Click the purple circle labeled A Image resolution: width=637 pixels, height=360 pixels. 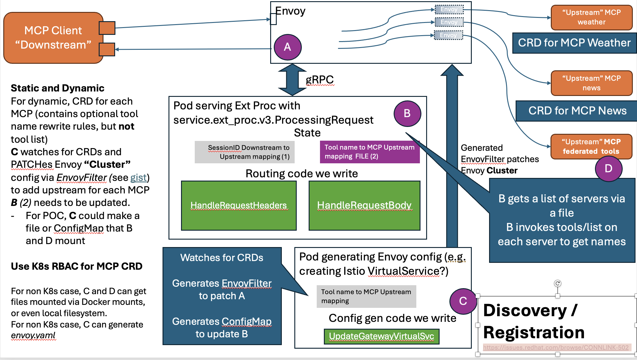click(x=287, y=47)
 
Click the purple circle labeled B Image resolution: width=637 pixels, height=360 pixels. click(x=407, y=114)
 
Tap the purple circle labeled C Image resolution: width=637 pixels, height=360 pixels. click(x=463, y=301)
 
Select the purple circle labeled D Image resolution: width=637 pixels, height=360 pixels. click(x=608, y=169)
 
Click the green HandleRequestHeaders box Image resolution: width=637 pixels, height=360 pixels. click(x=239, y=206)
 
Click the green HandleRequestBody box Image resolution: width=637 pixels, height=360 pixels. click(x=364, y=206)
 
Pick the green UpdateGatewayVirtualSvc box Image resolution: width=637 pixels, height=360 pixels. click(x=381, y=336)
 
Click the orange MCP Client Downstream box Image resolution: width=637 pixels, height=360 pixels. click(x=53, y=38)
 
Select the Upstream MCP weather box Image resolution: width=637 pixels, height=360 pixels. click(x=591, y=17)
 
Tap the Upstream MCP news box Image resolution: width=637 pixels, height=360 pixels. click(x=591, y=83)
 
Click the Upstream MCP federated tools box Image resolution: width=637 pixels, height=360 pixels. click(x=591, y=147)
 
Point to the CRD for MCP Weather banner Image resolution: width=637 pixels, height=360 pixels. click(x=574, y=43)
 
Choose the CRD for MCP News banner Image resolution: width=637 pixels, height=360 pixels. click(x=577, y=111)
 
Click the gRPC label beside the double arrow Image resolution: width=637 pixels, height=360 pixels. click(x=320, y=80)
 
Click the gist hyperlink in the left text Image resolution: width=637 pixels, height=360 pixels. click(x=138, y=178)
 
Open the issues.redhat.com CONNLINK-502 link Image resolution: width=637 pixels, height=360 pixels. click(x=556, y=347)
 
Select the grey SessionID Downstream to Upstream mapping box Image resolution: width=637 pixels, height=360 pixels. click(x=245, y=152)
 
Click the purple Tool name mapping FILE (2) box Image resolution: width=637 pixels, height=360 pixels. click(x=369, y=152)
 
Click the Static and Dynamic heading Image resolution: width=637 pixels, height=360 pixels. click(x=58, y=88)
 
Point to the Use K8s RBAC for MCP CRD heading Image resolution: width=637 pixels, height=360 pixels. click(x=77, y=266)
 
